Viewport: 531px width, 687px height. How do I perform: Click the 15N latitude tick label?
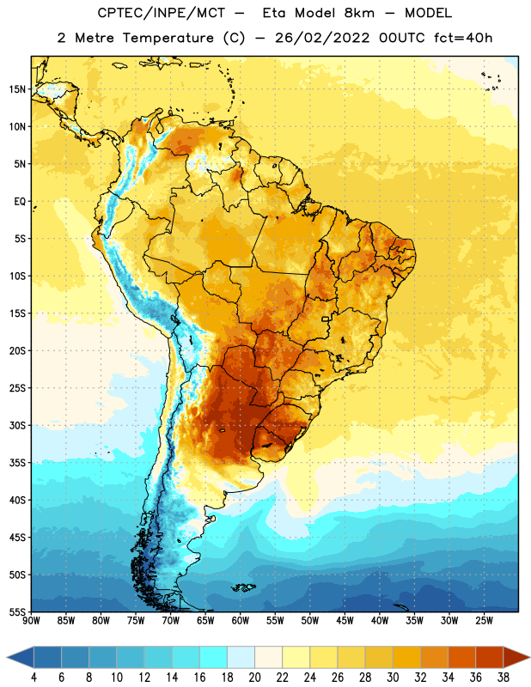click(x=17, y=89)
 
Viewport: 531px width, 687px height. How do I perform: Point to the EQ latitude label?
click(x=20, y=202)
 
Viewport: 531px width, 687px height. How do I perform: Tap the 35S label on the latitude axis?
click(x=17, y=463)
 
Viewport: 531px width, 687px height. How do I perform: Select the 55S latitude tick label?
click(x=17, y=612)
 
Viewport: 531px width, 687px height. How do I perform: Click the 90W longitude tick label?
click(x=31, y=621)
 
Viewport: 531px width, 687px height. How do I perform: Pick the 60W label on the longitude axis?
click(x=241, y=621)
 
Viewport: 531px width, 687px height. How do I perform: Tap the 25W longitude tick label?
click(x=484, y=621)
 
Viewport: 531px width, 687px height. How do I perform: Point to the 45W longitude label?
click(x=345, y=621)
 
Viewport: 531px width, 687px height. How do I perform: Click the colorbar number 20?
click(x=254, y=678)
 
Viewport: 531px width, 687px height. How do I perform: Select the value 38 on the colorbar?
click(x=504, y=678)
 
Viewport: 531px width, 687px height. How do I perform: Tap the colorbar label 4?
click(x=34, y=678)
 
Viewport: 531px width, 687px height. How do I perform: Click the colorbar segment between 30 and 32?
click(x=406, y=658)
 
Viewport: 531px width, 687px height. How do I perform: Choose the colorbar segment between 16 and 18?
click(x=214, y=658)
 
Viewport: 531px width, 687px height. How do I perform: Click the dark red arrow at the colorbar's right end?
click(x=516, y=658)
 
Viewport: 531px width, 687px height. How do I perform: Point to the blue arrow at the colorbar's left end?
click(x=20, y=658)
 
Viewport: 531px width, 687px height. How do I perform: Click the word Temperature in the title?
click(x=168, y=38)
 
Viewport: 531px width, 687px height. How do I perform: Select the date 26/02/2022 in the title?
click(x=323, y=38)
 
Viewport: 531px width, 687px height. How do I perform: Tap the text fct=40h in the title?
click(x=463, y=38)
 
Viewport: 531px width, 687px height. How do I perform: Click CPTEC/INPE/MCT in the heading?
click(x=161, y=14)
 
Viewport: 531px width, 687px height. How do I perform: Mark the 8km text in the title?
click(x=359, y=13)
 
